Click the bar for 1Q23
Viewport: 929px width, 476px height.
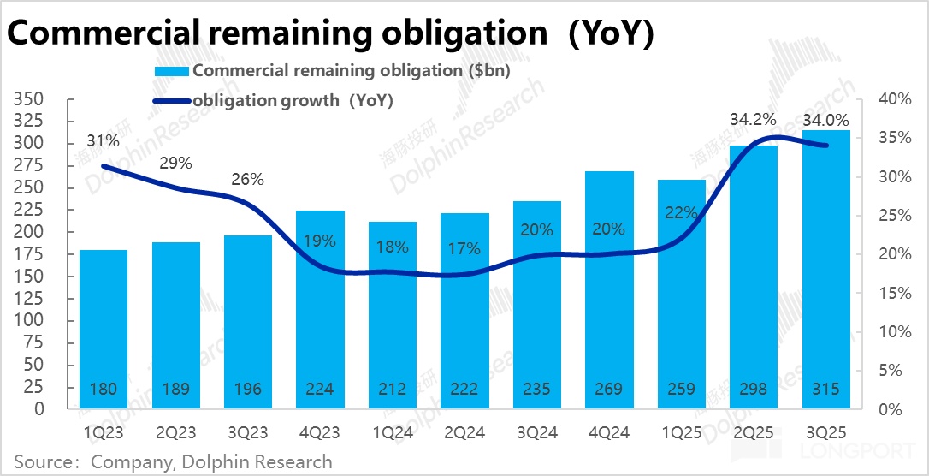[x=103, y=330]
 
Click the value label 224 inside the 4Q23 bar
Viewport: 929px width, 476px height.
[x=320, y=390]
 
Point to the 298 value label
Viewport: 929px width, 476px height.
[x=754, y=390]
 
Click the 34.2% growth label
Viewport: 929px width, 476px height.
[x=753, y=118]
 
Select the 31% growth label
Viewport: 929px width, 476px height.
[x=103, y=140]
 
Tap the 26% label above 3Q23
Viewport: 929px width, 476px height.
[x=248, y=180]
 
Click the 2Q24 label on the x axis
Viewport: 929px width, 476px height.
[x=464, y=432]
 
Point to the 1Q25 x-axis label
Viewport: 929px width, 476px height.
[x=682, y=432]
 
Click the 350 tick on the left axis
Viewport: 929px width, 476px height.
[x=28, y=99]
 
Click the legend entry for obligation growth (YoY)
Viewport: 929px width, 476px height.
[x=293, y=101]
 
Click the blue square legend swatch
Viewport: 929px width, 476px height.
[x=171, y=71]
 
